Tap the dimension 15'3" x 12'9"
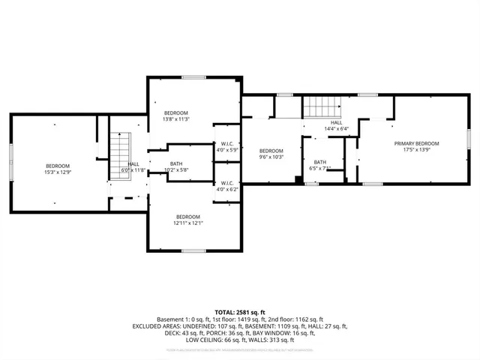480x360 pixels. [57, 172]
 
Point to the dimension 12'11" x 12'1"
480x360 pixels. [187, 222]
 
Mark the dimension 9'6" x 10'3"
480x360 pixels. [271, 157]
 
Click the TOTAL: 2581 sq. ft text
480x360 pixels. [240, 311]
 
